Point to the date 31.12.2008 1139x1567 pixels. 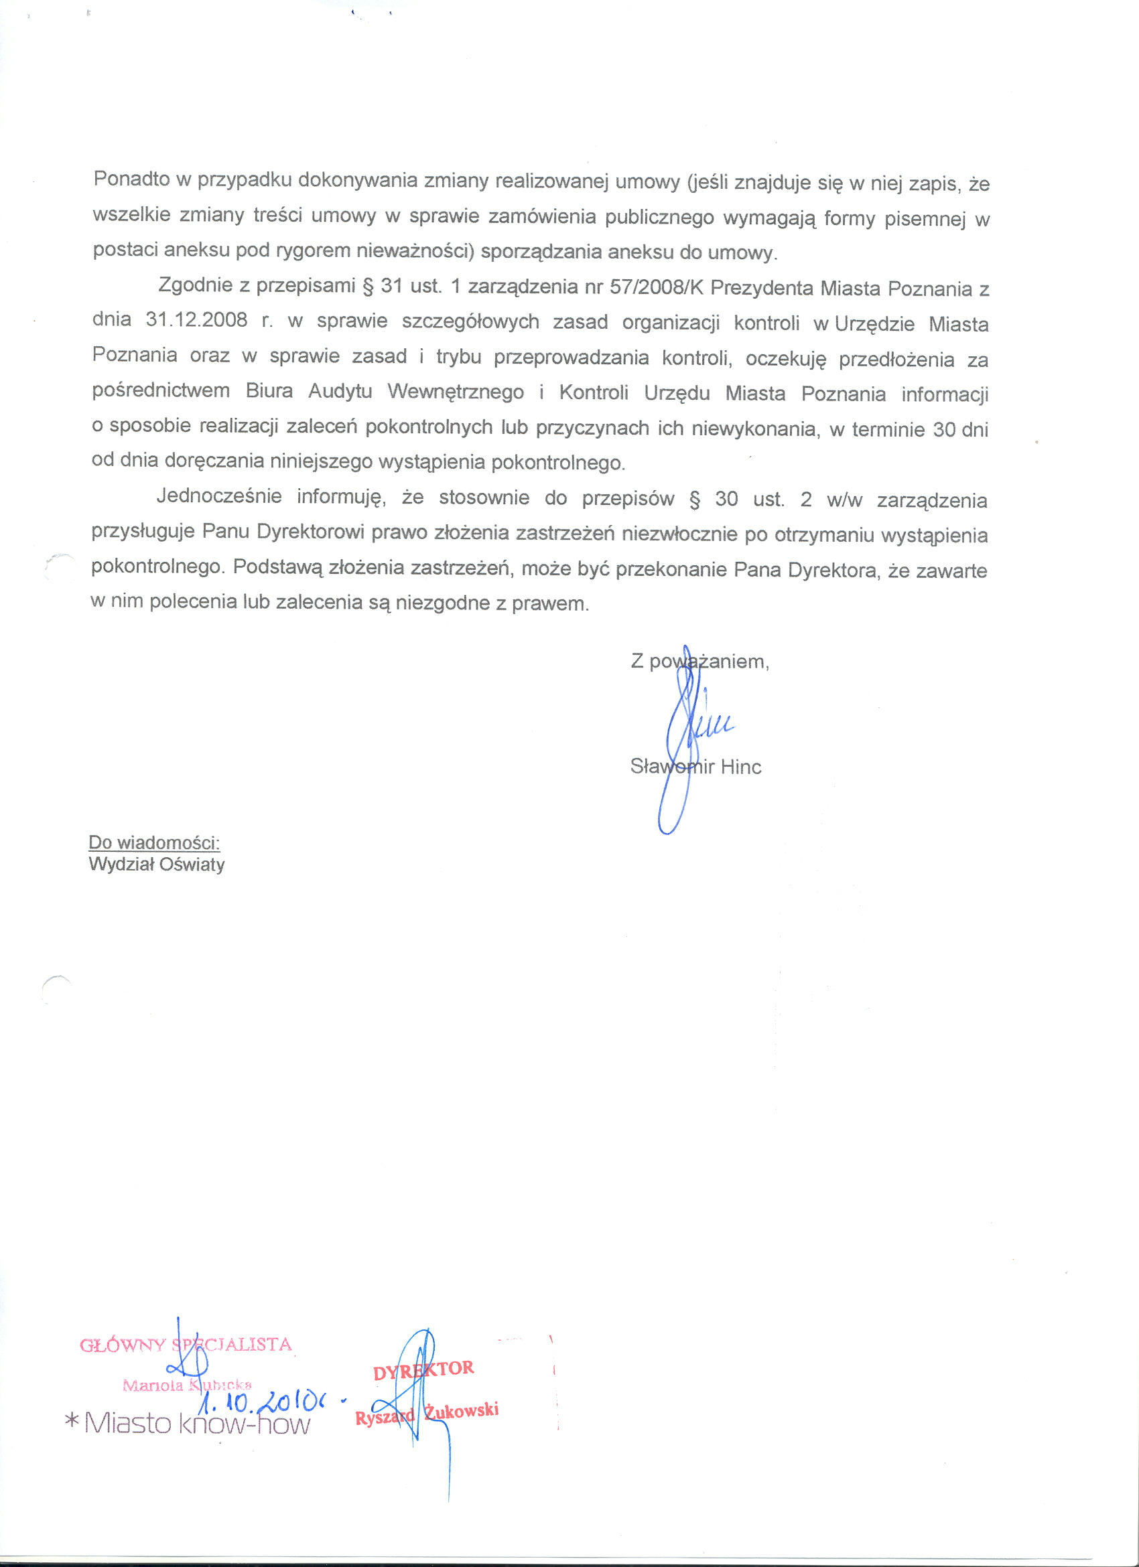tap(197, 321)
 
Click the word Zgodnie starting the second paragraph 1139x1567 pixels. tap(198, 285)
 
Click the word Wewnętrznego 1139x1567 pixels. tap(456, 392)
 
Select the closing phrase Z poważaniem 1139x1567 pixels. tap(699, 661)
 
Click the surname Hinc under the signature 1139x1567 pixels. tap(740, 766)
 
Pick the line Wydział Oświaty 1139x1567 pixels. tap(157, 865)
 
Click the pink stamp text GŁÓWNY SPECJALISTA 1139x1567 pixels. tap(186, 1345)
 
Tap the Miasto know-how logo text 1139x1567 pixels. tap(197, 1424)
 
